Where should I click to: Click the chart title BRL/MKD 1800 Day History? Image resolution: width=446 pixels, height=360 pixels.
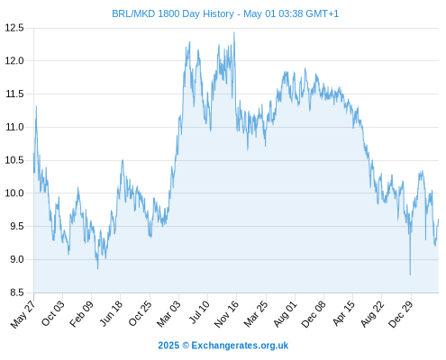coord(173,13)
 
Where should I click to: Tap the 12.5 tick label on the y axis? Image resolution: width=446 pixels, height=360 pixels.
coord(14,28)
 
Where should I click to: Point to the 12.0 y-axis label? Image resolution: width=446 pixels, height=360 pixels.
coord(14,61)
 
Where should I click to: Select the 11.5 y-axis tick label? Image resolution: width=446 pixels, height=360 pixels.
coord(14,94)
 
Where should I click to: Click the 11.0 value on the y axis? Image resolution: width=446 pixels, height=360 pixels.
coord(14,127)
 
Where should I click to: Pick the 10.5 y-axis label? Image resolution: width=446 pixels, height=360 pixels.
coord(14,160)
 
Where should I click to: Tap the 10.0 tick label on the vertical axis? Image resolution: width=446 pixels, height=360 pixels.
coord(14,193)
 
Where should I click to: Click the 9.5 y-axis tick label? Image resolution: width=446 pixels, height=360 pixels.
coord(17,226)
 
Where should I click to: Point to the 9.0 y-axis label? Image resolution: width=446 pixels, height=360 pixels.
coord(17,259)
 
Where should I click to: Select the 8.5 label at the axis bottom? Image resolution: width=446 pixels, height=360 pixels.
coord(17,292)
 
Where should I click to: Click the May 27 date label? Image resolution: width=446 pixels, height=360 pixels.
coord(23,314)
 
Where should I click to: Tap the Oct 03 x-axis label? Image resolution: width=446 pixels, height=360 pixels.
coord(53,313)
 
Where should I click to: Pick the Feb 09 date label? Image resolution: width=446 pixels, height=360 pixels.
coord(81,313)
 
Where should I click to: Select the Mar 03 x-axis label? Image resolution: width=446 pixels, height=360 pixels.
coord(168,313)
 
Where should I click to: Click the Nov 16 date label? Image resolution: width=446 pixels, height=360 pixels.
coord(226,314)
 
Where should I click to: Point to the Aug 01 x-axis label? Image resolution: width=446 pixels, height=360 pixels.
coord(286,313)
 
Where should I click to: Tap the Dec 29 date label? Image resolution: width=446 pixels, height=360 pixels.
coord(401,314)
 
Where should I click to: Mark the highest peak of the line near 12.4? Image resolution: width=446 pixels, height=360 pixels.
coord(234,32)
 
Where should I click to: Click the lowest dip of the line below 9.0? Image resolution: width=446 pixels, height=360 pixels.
coord(410,274)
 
